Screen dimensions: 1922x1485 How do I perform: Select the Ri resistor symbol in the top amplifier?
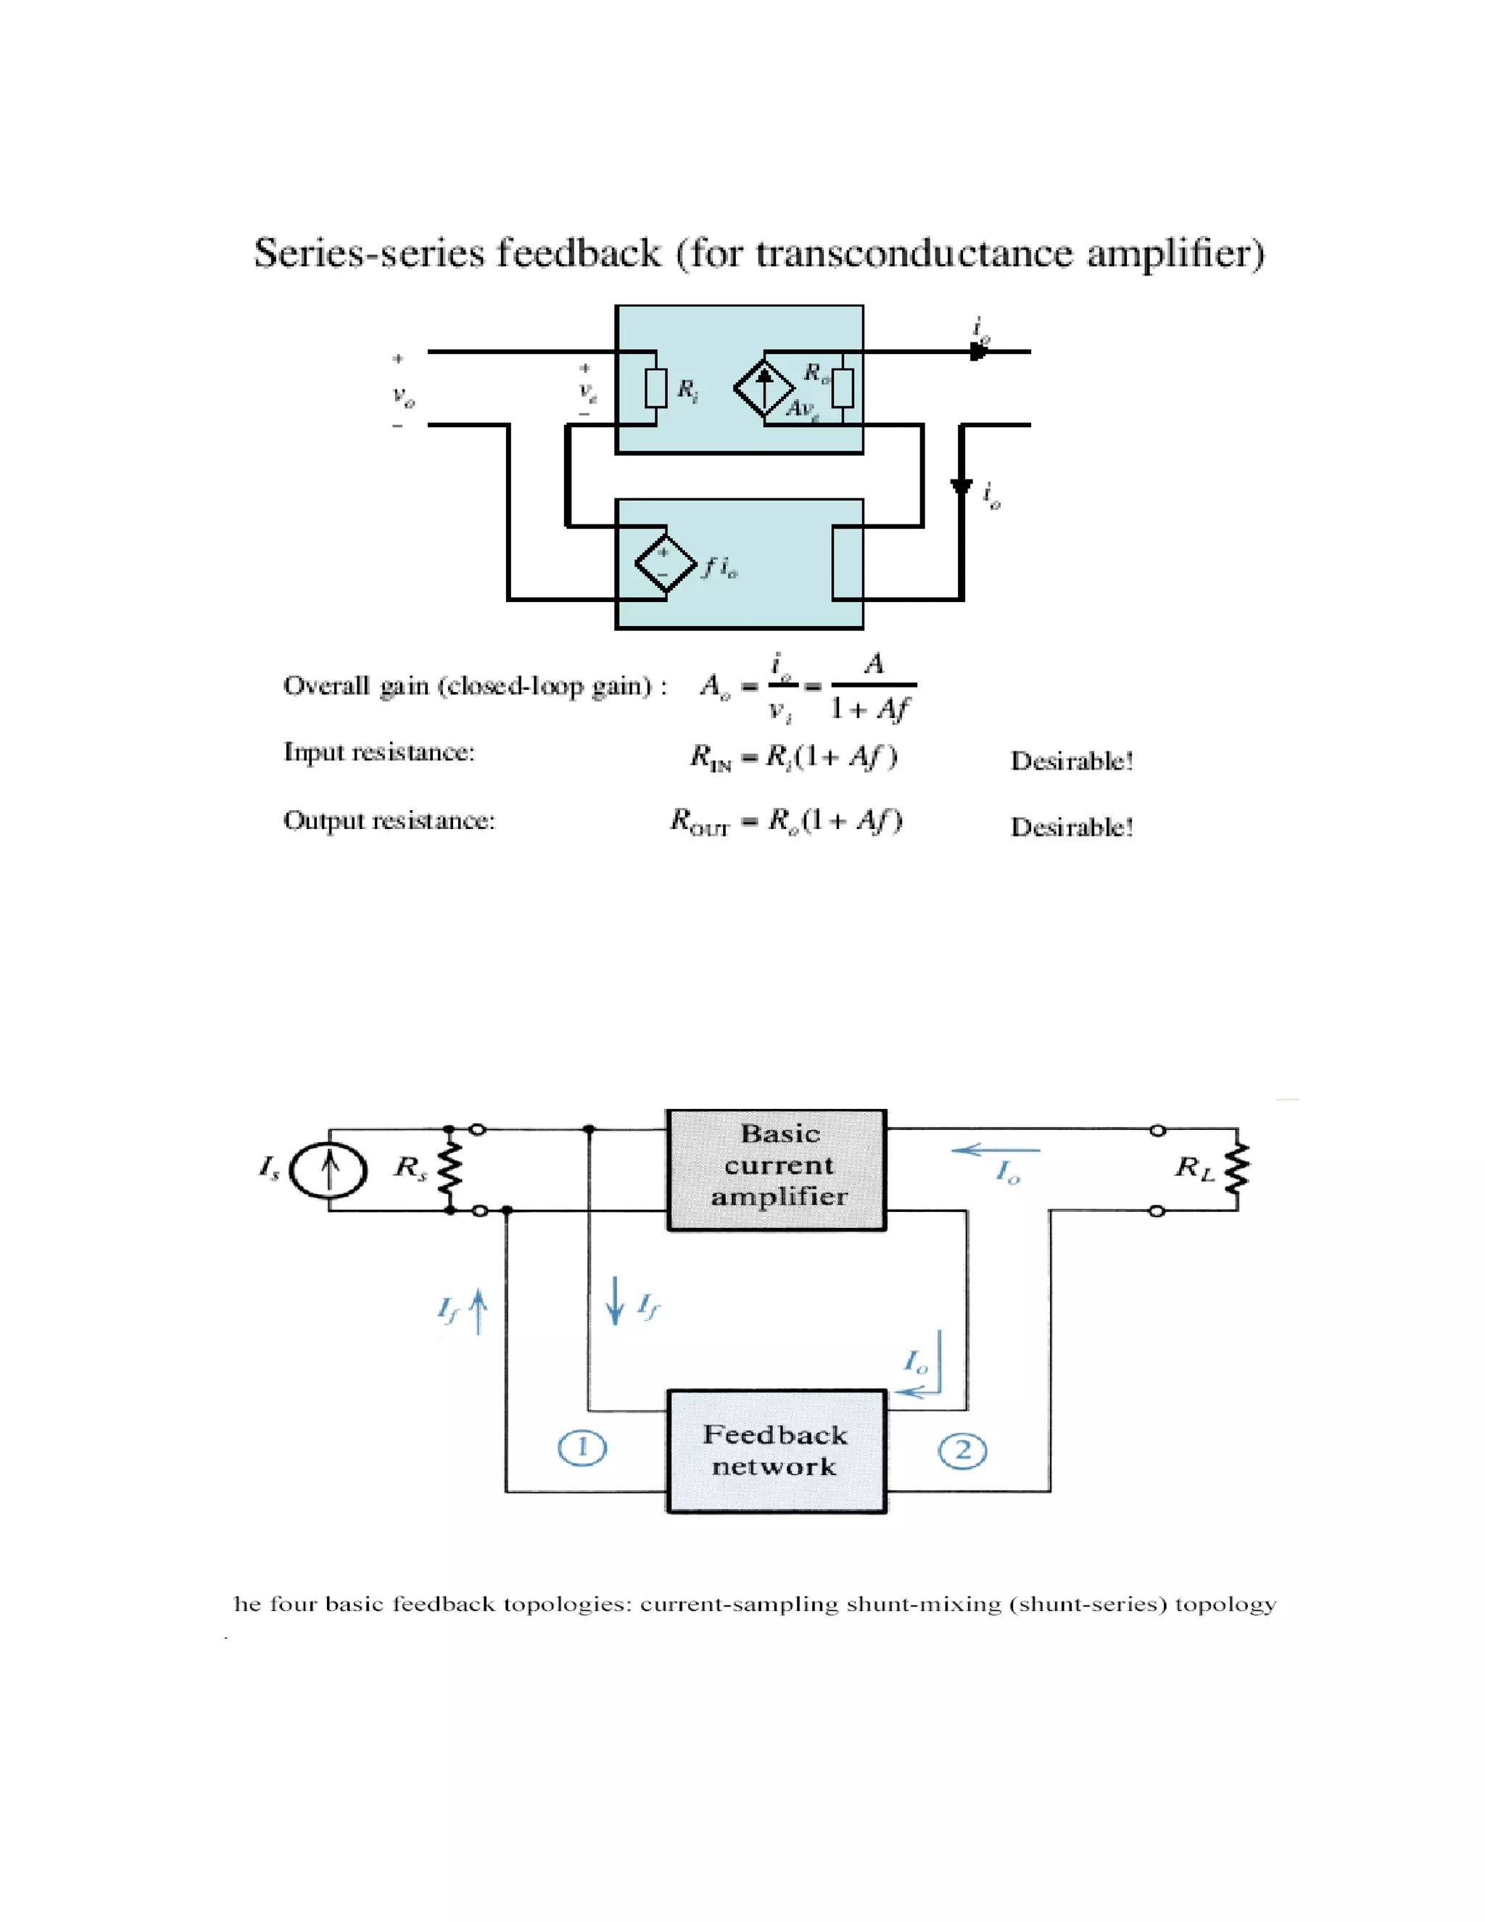656,388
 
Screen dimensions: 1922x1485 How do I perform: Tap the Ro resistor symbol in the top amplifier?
843,388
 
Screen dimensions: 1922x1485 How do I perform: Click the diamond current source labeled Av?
764,388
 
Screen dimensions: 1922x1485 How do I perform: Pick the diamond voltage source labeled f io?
665,564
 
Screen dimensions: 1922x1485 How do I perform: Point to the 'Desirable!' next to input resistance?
1072,762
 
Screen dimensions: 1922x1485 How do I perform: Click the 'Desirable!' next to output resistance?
1072,828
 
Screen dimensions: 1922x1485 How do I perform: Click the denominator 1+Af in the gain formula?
870,709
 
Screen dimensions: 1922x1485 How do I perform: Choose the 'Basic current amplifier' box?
777,1170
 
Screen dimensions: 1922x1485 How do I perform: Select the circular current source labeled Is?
328,1171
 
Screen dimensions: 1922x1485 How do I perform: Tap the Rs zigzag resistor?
450,1171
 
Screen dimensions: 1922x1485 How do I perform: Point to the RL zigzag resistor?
1238,1171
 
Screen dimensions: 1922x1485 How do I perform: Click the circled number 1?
582,1448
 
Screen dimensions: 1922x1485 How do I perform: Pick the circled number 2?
962,1451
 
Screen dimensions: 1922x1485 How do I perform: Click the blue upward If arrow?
478,1312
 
